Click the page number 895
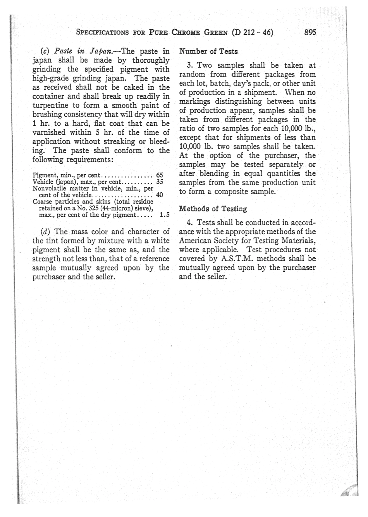(x=310, y=33)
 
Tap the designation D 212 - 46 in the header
(x=252, y=33)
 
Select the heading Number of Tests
(x=209, y=51)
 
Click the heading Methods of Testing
(x=213, y=209)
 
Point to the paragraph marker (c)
(x=45, y=51)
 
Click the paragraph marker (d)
(x=45, y=232)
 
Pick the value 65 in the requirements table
(x=159, y=175)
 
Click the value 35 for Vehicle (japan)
(x=159, y=181)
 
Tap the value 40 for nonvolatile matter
(x=159, y=195)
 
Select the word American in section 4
(x=196, y=241)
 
